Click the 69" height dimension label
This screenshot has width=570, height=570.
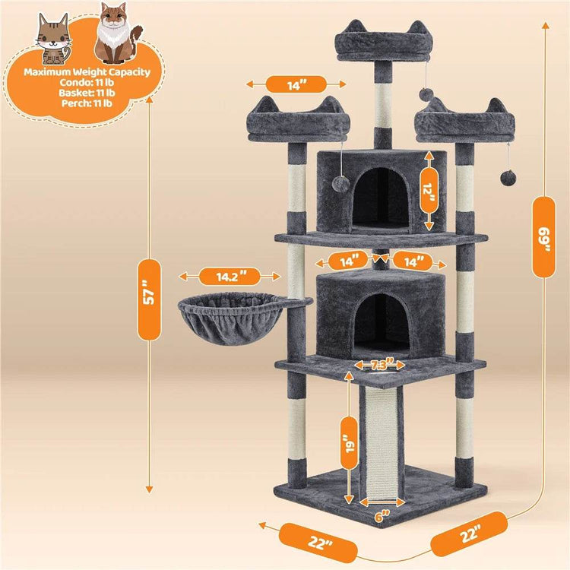coord(542,236)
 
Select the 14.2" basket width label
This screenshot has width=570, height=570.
coord(226,277)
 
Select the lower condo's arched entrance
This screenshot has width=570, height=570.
coord(380,323)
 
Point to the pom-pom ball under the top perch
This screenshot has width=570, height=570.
coord(426,94)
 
